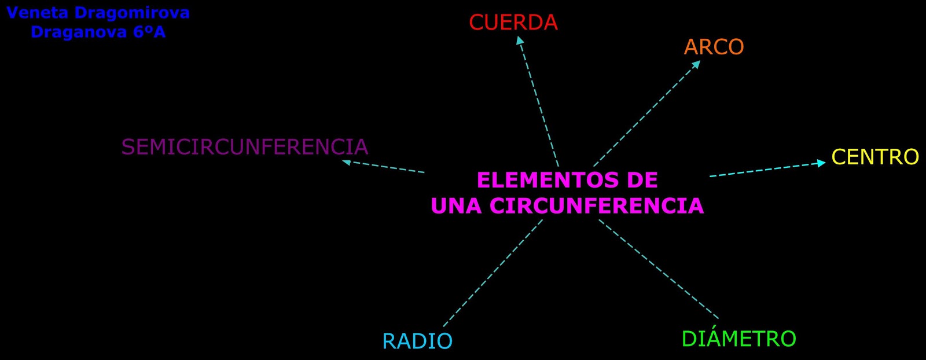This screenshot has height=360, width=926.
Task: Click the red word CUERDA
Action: point(513,23)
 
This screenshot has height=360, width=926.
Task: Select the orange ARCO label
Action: point(714,47)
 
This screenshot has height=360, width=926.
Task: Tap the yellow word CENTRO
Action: point(874,157)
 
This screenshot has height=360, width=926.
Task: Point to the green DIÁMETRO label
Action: point(738,339)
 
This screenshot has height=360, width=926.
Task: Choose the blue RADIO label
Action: point(417,341)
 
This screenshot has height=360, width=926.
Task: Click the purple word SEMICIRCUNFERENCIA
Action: point(244,147)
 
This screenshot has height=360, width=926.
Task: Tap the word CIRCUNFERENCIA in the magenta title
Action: point(597,206)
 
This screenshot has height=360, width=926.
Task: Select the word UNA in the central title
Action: point(456,206)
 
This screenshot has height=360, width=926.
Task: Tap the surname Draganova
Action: point(79,32)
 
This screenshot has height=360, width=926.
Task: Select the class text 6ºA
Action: point(149,32)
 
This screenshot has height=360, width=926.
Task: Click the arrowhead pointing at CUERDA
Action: point(520,41)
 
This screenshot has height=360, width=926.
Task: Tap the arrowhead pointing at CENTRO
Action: point(821,163)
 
